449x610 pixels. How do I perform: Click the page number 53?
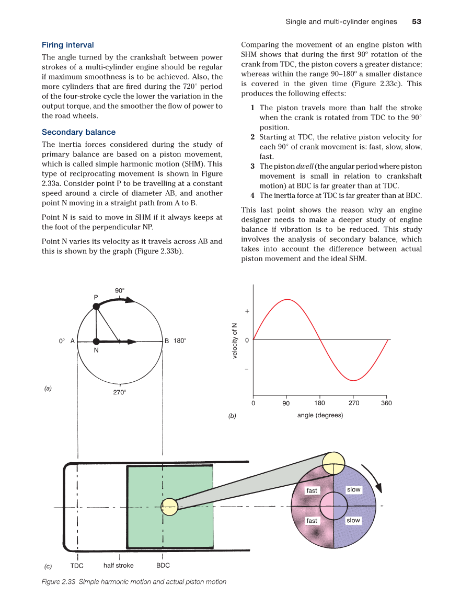[417, 21]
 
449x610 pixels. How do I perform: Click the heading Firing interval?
[68, 45]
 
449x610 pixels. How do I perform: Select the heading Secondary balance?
[79, 132]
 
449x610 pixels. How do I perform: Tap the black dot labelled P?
[96, 307]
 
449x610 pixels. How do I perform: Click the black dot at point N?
[96, 342]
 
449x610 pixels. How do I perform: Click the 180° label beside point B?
[180, 341]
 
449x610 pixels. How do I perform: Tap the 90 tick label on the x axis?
[286, 403]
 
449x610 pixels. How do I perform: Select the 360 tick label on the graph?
[386, 403]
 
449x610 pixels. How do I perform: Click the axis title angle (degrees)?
[320, 415]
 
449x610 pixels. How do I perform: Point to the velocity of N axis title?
[235, 340]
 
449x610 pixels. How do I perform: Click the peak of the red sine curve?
[286, 299]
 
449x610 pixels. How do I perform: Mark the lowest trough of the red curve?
[353, 381]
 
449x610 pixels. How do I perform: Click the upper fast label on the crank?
[312, 490]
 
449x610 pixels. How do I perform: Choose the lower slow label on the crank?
[354, 520]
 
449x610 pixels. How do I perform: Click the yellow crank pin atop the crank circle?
[333, 462]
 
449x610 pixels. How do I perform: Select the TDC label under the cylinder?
[77, 566]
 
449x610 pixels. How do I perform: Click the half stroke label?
[119, 565]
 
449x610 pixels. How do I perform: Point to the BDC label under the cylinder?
[163, 566]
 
